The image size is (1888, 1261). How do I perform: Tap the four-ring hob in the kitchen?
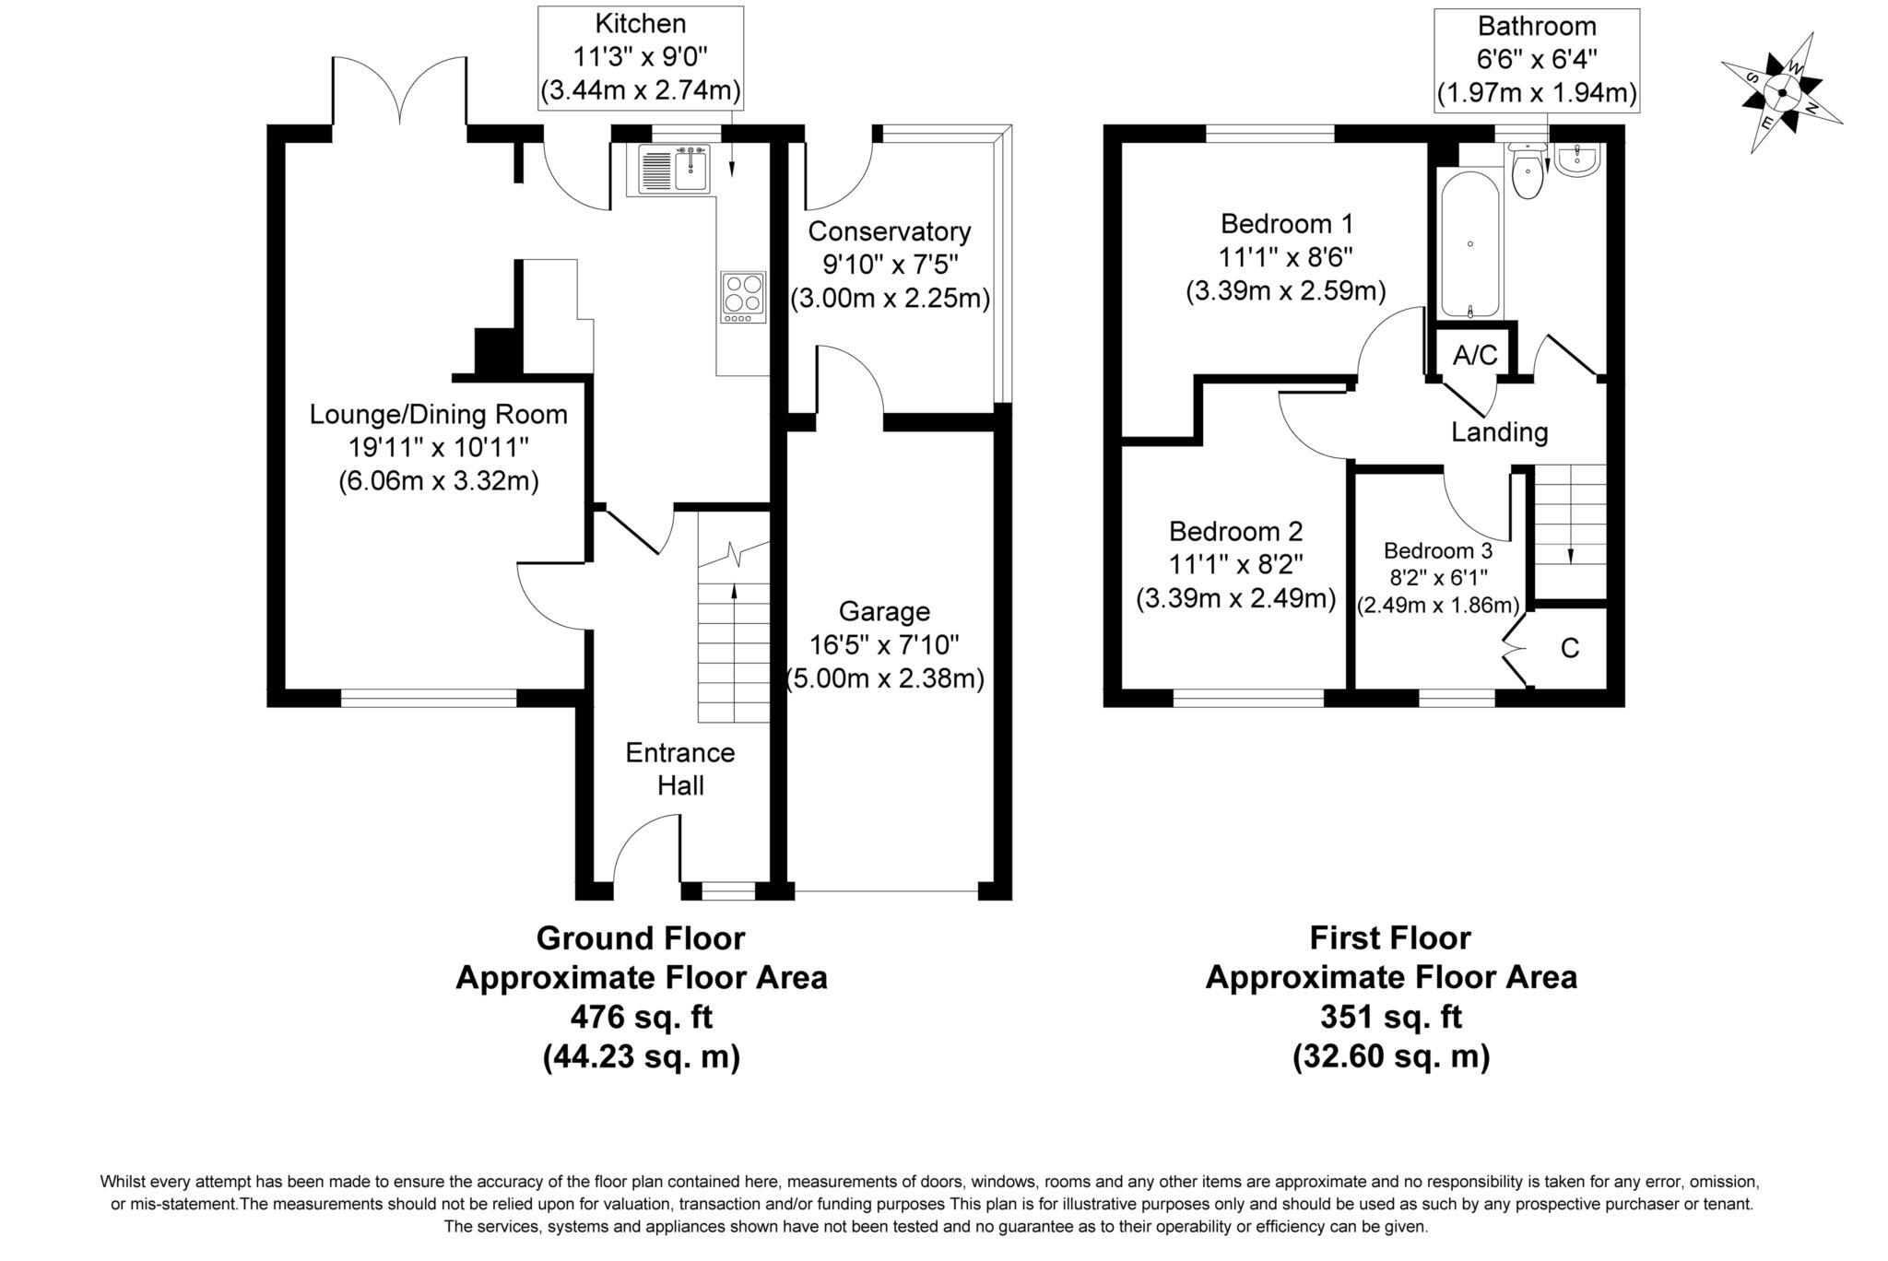(743, 295)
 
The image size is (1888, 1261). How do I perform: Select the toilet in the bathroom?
(1528, 173)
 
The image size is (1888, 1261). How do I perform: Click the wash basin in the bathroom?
(1579, 159)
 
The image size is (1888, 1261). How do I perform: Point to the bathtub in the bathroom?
(1469, 244)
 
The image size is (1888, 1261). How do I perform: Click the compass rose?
(1781, 92)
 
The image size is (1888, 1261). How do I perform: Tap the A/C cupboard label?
(1475, 355)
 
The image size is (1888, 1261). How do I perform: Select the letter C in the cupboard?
(1570, 649)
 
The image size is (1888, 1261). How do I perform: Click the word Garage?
(884, 611)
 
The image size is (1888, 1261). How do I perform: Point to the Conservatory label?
(889, 230)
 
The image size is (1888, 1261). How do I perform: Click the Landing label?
(1499, 431)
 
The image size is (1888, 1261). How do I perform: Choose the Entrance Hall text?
(680, 769)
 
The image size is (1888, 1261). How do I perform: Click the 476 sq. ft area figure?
(642, 1017)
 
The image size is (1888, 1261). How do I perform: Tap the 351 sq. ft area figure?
(1391, 1017)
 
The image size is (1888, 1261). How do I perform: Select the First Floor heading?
(1390, 938)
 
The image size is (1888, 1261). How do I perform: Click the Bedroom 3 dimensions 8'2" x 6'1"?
(1437, 578)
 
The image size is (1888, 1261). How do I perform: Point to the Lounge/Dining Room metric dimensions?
(438, 480)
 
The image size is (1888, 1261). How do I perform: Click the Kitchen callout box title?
(640, 24)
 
